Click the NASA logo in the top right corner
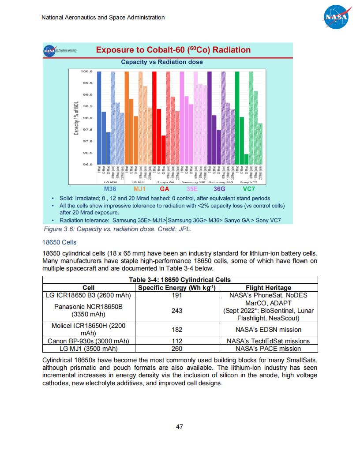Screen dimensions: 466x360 337,17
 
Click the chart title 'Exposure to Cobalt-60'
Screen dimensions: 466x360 173,50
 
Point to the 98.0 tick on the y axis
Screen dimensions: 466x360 86,118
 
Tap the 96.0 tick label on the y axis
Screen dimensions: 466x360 86,165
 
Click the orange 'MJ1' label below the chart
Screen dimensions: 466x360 139,188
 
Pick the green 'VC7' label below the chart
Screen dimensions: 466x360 249,188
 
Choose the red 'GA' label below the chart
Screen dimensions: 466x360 165,188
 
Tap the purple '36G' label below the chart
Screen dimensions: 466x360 219,188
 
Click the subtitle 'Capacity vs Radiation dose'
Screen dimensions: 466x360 162,62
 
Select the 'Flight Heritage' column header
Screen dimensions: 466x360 268,288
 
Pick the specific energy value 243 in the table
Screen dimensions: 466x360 177,311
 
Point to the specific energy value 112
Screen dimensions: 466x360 177,341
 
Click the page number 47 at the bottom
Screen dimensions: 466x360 180,427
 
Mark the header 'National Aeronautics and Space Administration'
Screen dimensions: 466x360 103,18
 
